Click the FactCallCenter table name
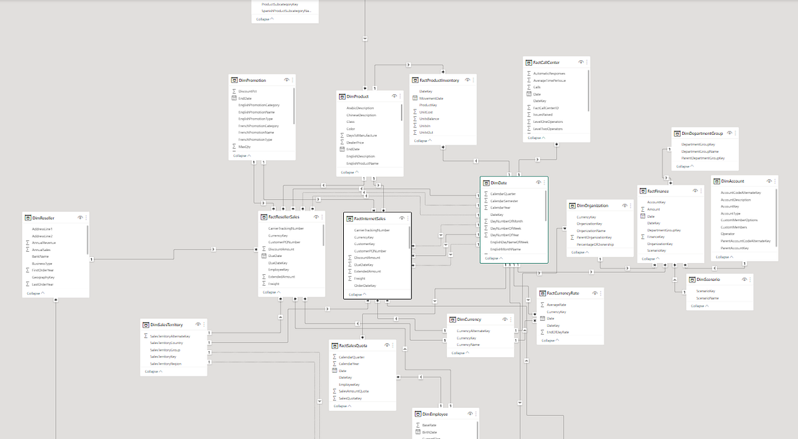pyautogui.click(x=541, y=62)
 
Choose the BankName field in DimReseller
pyautogui.click(x=41, y=256)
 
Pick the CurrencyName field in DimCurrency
pyautogui.click(x=467, y=345)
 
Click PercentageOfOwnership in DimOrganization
pyautogui.click(x=595, y=244)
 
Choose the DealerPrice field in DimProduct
pyautogui.click(x=355, y=142)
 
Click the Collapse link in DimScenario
pyautogui.click(x=699, y=306)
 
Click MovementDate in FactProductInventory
pyautogui.click(x=431, y=98)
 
